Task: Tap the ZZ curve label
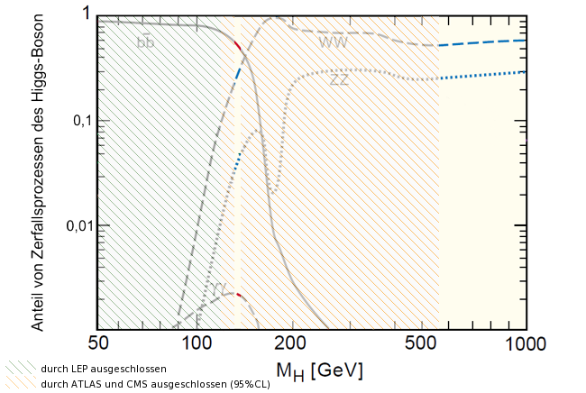coord(339,79)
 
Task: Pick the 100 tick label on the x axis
coord(197,343)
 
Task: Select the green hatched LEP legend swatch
coord(18,369)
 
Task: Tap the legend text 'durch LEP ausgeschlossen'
coord(90,369)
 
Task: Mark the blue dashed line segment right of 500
coord(482,42)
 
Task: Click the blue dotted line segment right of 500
coord(482,75)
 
